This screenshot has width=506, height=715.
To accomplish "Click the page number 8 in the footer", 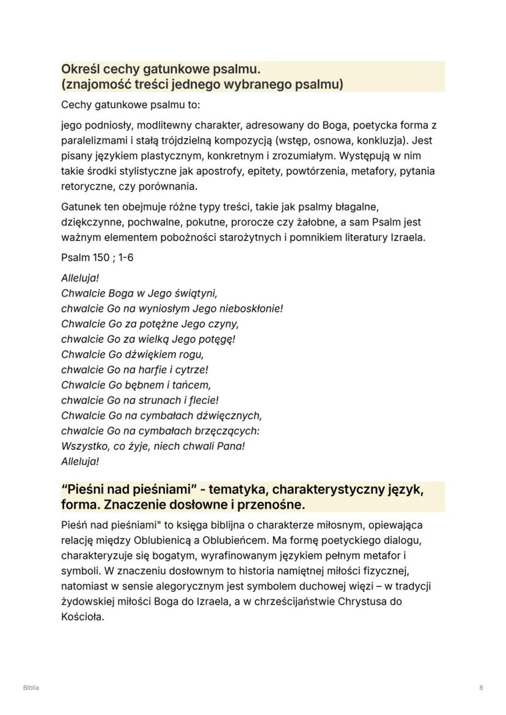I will click(482, 688).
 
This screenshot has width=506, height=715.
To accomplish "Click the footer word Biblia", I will click(31, 688).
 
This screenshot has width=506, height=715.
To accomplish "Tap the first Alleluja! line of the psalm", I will click(80, 278).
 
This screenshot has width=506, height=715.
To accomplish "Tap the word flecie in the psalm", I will click(204, 400).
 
